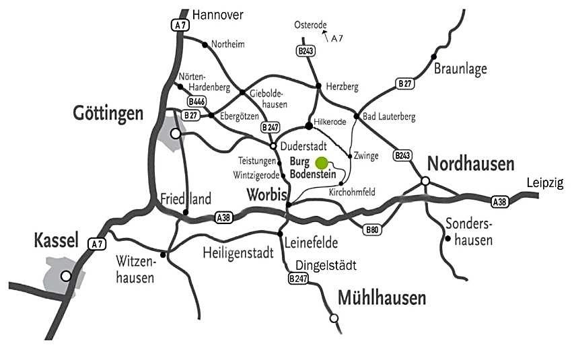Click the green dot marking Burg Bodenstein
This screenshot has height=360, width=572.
coord(322,162)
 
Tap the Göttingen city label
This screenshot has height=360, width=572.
coord(108,113)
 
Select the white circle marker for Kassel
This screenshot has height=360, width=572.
coord(66,275)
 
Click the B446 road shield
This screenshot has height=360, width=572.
coord(196,102)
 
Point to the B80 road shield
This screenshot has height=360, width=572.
coord(371,229)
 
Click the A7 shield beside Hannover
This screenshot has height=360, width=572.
coord(178,25)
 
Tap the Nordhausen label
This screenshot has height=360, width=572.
coord(471,164)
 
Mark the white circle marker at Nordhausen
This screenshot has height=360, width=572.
coord(425,180)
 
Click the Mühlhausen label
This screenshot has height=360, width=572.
coord(382,297)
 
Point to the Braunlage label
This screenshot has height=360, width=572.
coord(460,68)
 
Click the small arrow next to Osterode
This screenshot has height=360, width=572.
coord(325,32)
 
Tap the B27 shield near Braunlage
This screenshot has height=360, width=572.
coord(404,83)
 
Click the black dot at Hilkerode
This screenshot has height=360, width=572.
coord(309,124)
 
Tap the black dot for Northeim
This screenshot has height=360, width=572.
coord(204,44)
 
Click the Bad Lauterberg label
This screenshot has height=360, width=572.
coord(389,116)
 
